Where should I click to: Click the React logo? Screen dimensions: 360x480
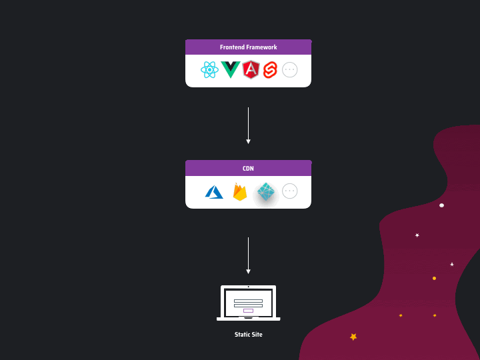point(209,69)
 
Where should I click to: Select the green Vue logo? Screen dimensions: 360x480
point(230,69)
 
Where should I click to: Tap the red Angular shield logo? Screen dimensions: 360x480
point(251,69)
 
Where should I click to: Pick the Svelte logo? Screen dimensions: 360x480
point(269,69)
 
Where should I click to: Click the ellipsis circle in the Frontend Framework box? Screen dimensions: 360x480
point(289,69)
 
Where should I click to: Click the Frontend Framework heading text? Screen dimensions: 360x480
point(248,47)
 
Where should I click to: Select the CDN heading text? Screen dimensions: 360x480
point(248,169)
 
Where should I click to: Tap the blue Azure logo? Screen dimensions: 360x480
point(214,192)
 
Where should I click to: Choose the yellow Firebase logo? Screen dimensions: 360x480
point(240,192)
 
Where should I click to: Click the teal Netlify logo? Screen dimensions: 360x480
point(266,192)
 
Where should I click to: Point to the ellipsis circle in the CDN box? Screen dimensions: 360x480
point(289,191)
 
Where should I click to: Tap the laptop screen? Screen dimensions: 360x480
point(248,303)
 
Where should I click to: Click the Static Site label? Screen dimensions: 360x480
point(248,335)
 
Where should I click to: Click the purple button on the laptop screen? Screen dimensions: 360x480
point(248,311)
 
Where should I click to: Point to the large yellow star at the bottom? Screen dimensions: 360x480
point(353,337)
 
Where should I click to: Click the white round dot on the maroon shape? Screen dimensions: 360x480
point(441,205)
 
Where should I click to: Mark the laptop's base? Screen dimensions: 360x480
point(248,319)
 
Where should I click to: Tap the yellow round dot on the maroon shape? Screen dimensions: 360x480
point(434,278)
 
